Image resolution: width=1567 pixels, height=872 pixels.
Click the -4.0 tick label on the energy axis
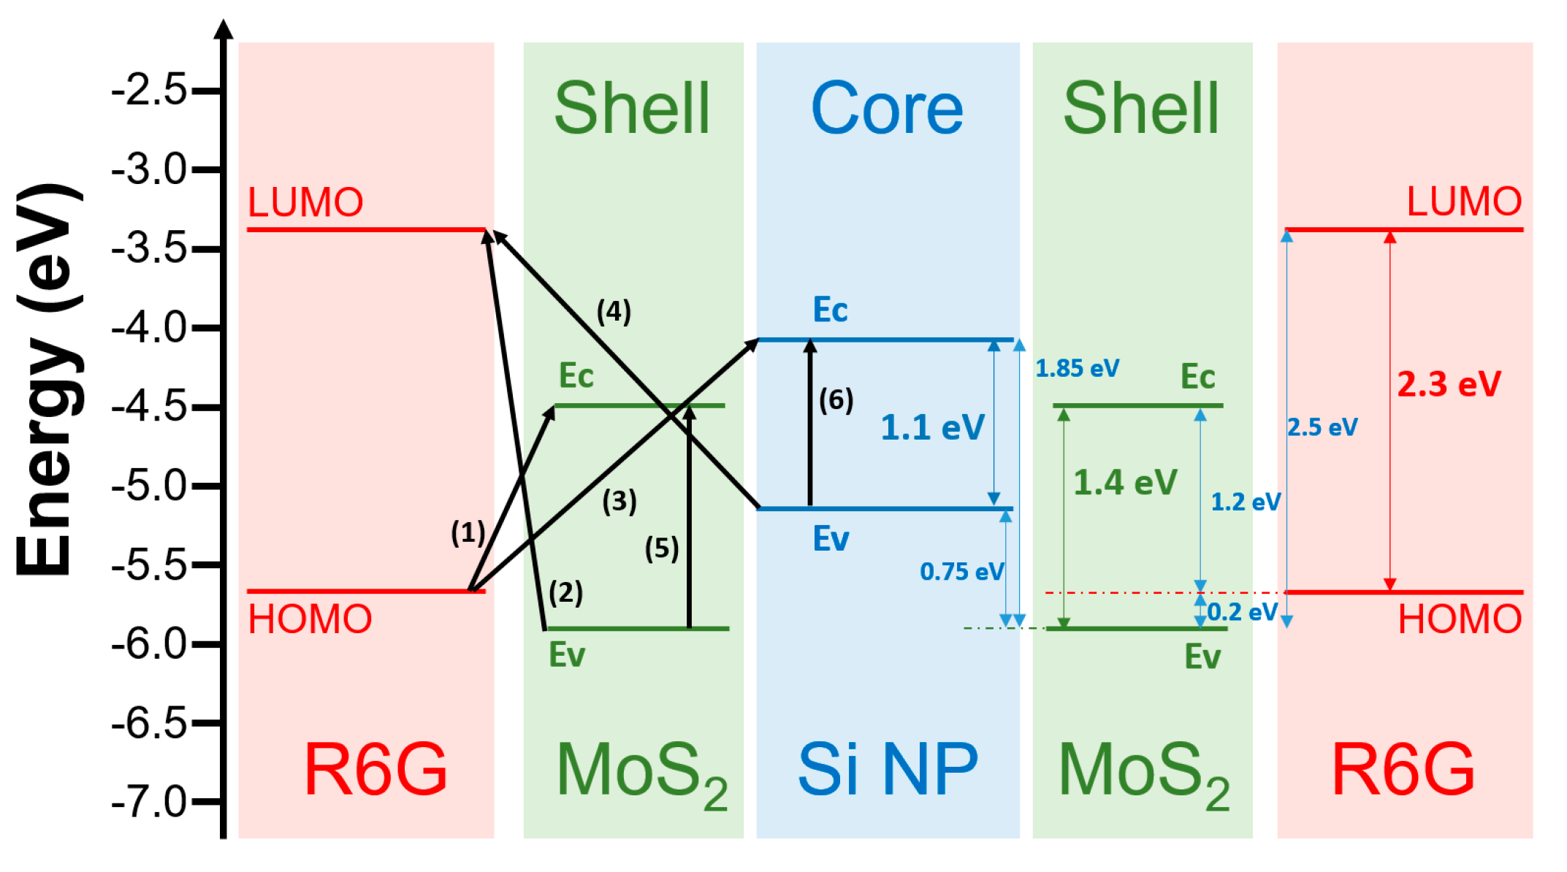tap(150, 328)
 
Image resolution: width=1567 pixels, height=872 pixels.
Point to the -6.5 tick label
tap(150, 724)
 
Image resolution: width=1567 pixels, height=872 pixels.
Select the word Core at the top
tap(887, 110)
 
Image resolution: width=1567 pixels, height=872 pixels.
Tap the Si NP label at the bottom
tap(887, 770)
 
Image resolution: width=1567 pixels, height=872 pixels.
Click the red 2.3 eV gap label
tap(1449, 384)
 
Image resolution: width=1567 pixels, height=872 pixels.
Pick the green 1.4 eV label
tap(1125, 483)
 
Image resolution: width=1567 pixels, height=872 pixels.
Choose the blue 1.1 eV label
tap(932, 427)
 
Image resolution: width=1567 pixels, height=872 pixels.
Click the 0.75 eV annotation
tap(961, 572)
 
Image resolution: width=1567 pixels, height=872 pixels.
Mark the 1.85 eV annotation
tap(1077, 369)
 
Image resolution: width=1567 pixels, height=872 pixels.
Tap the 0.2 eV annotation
tap(1242, 612)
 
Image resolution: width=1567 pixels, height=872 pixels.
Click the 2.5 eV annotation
tap(1322, 427)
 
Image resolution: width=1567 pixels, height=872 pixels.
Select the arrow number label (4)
tap(614, 312)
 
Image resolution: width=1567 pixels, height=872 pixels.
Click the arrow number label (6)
tap(836, 400)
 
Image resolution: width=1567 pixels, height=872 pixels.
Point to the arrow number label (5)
tap(662, 548)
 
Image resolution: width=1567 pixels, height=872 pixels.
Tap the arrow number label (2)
tap(565, 592)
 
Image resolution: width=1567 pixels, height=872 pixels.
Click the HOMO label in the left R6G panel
tap(310, 619)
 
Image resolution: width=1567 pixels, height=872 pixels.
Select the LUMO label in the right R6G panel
tap(1464, 202)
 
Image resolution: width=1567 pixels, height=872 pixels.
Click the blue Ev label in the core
tap(831, 540)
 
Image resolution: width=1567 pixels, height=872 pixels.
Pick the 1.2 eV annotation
tap(1245, 502)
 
